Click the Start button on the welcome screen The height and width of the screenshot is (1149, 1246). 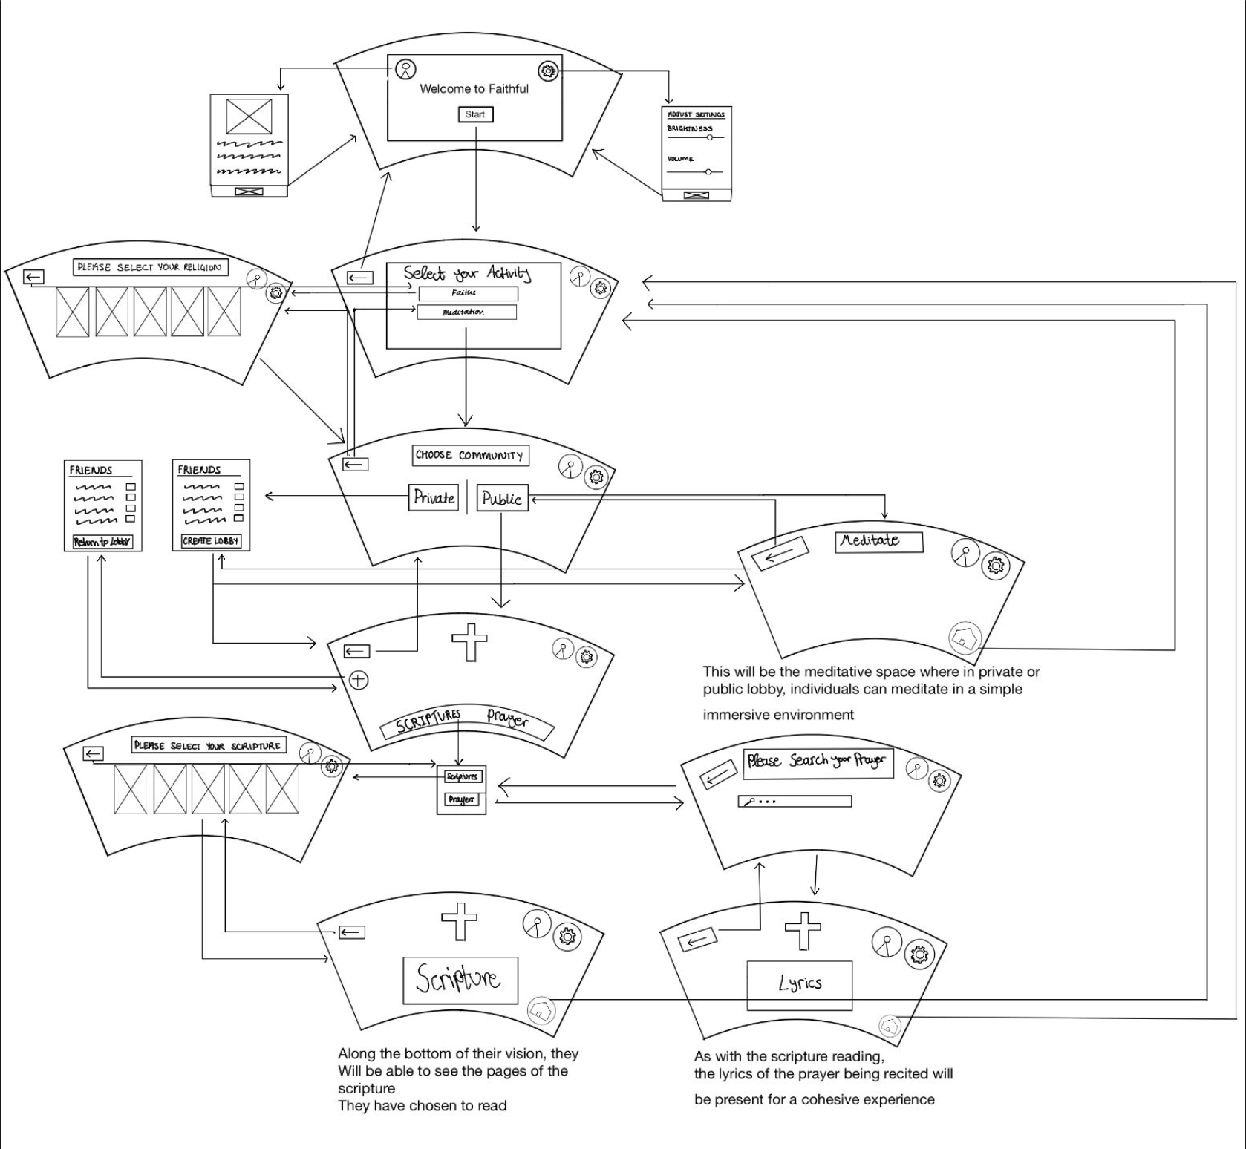(475, 114)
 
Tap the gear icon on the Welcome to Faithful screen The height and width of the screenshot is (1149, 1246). (548, 71)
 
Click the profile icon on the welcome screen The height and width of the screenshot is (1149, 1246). (405, 70)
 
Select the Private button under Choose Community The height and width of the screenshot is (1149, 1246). (434, 497)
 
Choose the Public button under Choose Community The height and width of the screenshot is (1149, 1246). (502, 499)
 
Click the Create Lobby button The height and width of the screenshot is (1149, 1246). (211, 541)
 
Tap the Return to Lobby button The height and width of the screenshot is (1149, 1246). (102, 542)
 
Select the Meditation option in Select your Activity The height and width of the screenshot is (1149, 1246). (466, 312)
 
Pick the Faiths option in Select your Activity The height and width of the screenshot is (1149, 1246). (467, 293)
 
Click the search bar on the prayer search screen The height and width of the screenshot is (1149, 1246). (795, 802)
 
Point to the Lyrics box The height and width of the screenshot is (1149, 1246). (800, 984)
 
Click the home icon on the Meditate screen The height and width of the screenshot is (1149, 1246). (965, 637)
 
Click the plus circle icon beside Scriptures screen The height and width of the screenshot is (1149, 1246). (359, 680)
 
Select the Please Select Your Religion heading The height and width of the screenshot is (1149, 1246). (150, 267)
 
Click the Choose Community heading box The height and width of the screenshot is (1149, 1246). (471, 455)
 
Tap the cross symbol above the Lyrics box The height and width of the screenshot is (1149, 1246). (803, 931)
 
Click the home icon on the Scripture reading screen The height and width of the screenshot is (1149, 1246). (541, 1010)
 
